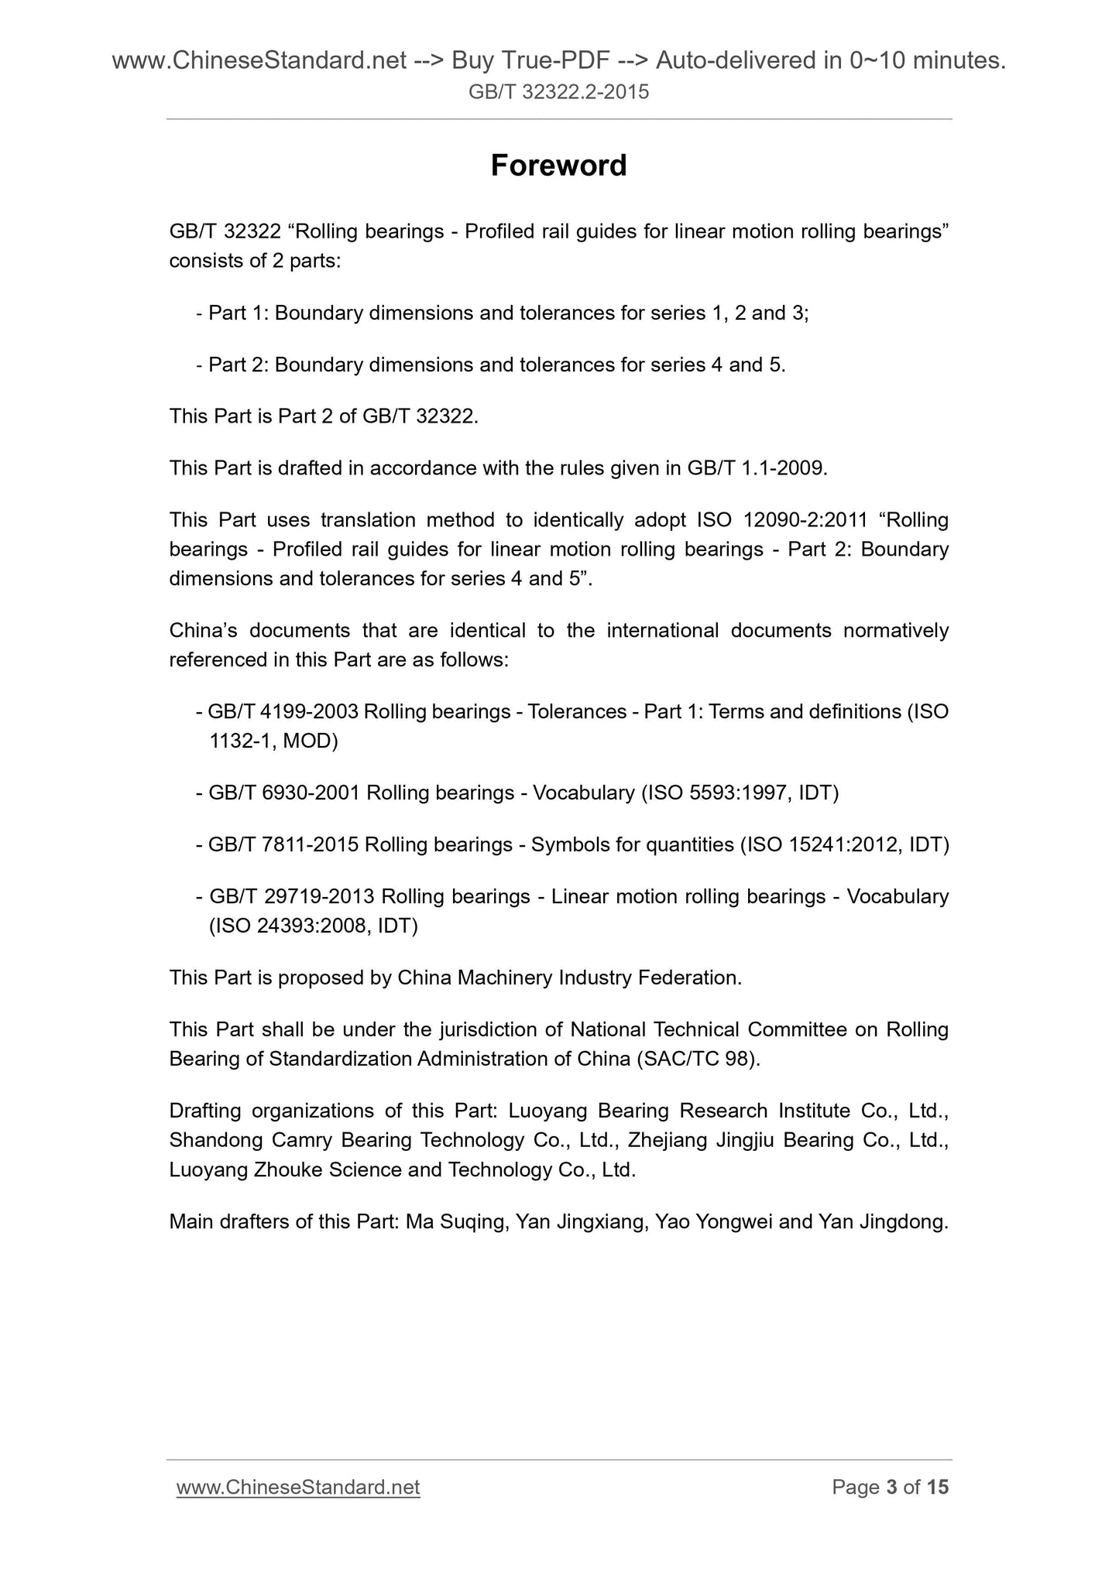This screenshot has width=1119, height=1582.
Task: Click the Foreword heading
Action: click(x=558, y=166)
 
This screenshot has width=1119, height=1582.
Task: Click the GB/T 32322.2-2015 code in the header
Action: click(x=558, y=93)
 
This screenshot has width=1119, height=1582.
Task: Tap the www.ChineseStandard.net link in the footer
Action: click(x=298, y=1487)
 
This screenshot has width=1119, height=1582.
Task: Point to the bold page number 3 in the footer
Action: click(x=891, y=1487)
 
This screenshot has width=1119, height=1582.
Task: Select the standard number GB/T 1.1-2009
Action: click(x=757, y=468)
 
